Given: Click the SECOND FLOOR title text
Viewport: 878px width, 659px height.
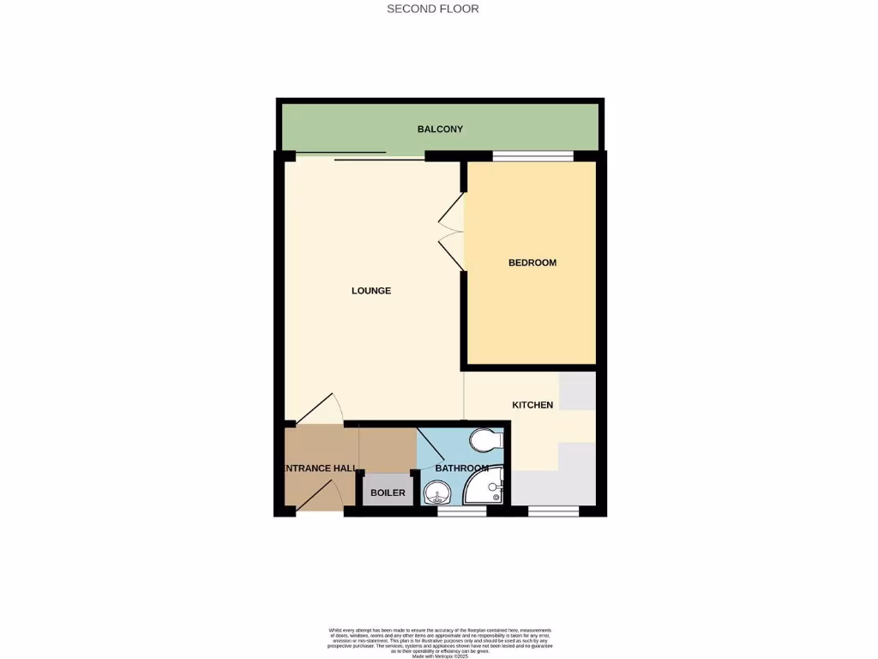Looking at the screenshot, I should [432, 9].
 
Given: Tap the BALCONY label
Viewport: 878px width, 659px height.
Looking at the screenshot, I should [440, 130].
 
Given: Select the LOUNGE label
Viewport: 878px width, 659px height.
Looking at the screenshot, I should [371, 291].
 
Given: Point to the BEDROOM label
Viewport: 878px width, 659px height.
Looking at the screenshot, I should [532, 263].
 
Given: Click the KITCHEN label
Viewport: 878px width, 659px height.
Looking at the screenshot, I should [532, 405].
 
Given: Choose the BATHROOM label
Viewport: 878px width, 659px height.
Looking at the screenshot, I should [461, 469].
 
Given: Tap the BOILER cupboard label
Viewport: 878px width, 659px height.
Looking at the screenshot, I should [388, 493].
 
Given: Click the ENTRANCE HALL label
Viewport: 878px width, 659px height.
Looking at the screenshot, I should [319, 469].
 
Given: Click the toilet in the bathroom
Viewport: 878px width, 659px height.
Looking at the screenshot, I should [486, 440].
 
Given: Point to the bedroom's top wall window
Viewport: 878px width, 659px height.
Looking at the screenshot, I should [532, 156].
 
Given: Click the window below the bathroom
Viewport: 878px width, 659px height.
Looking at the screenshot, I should [461, 511].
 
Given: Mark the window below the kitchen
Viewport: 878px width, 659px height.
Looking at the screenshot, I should [553, 511].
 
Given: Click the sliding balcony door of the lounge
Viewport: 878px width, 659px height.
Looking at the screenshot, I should [360, 157].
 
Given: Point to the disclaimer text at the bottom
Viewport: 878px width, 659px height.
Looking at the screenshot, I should [440, 642].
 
